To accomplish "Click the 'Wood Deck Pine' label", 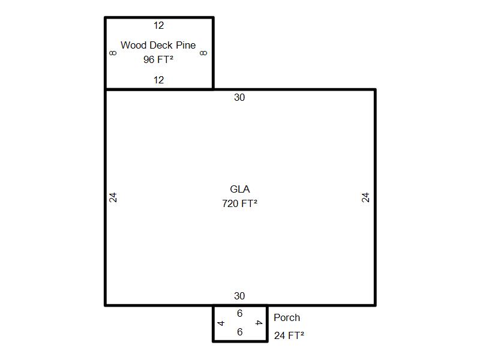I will [x=158, y=45].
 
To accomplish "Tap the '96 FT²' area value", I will [x=158, y=59].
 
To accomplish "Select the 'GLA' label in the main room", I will [x=239, y=189].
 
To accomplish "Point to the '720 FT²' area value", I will [x=239, y=203].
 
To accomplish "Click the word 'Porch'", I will [x=287, y=317].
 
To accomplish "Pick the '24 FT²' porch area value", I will [x=289, y=335].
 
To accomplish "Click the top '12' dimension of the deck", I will [x=158, y=25].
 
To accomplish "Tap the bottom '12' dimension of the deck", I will [x=158, y=80].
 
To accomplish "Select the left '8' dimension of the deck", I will [x=113, y=53].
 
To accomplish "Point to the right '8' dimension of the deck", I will [x=203, y=53].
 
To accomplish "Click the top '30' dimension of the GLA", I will [x=239, y=97].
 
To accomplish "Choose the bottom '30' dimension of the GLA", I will [x=239, y=296].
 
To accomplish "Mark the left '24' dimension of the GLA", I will [x=113, y=197].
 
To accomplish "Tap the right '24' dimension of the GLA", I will [x=365, y=197].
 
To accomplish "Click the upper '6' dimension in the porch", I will [x=239, y=313].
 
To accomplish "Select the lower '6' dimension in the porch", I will [x=239, y=332].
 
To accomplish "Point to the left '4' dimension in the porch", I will [x=221, y=323].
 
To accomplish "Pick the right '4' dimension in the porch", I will [x=259, y=323].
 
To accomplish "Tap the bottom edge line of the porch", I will [x=240, y=341].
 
